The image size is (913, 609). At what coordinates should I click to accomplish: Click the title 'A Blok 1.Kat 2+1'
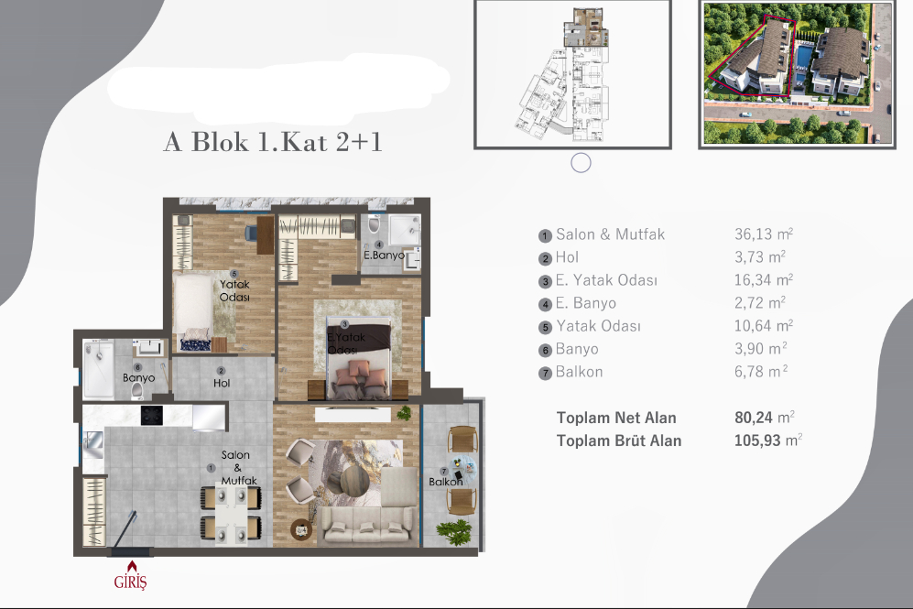click(x=272, y=143)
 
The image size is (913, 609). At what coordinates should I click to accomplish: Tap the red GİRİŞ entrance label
click(x=130, y=581)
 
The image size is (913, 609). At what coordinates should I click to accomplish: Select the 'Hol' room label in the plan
click(x=221, y=383)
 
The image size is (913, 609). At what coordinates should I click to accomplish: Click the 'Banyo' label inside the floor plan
click(x=139, y=377)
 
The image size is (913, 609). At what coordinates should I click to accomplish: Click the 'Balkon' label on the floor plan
click(x=445, y=482)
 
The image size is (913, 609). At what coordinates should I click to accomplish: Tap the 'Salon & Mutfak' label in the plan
click(x=237, y=467)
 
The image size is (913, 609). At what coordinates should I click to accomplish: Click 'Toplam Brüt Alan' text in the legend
click(x=618, y=440)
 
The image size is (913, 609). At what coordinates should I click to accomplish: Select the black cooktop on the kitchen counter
click(x=151, y=415)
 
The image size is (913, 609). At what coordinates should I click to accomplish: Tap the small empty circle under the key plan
click(x=581, y=163)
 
